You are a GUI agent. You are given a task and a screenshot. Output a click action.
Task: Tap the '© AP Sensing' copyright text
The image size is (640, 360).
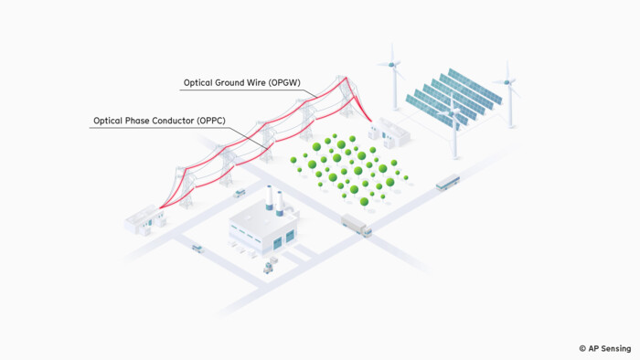604,348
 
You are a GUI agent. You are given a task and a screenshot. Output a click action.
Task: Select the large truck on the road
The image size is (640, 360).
357,225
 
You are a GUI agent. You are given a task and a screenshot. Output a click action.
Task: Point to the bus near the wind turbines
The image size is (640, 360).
447,184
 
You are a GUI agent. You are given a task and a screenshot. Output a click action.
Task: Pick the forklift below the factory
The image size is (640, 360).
270,267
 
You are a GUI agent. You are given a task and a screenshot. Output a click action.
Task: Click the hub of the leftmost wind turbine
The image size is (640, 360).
391,64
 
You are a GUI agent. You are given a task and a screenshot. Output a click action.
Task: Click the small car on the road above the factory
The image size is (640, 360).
240,193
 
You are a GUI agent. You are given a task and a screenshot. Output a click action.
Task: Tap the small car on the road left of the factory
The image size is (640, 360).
197,247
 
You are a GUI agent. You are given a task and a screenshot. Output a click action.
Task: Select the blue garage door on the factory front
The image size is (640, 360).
290,238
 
